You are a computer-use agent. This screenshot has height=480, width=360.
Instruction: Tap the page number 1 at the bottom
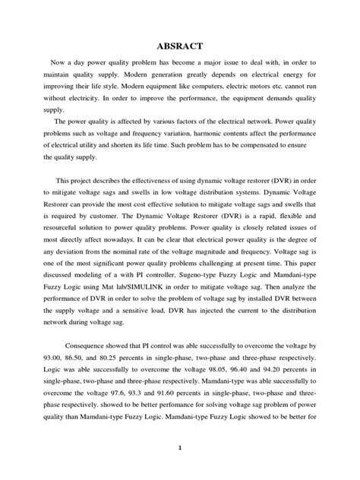pyautogui.click(x=180, y=468)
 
